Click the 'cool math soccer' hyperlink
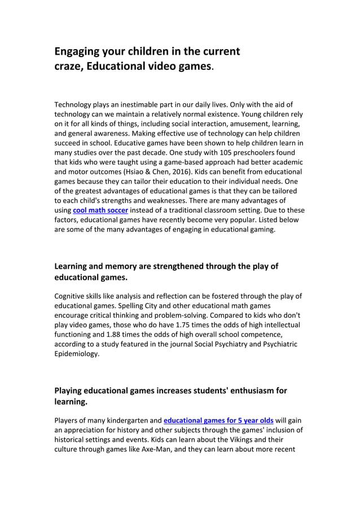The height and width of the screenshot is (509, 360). pos(100,210)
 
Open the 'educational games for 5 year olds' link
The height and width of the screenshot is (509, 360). pos(218,420)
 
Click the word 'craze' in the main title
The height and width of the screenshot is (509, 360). pos(68,67)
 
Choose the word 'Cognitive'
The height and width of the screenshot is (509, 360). pos(72,296)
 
